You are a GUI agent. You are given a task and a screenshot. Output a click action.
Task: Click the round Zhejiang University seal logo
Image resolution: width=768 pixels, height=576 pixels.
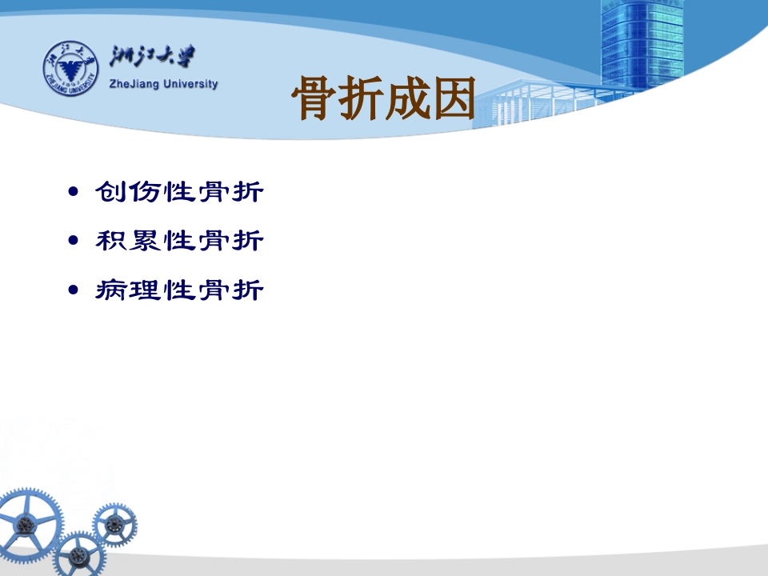tap(70, 68)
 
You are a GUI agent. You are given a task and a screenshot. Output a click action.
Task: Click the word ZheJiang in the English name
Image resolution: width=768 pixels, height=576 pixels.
tap(134, 84)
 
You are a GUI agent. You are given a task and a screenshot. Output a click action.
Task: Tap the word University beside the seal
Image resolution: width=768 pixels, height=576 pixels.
tap(190, 84)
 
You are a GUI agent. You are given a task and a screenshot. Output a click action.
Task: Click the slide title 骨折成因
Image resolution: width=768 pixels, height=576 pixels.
tap(383, 98)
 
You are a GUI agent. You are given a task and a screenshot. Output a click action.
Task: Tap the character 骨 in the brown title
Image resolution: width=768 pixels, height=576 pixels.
tap(313, 98)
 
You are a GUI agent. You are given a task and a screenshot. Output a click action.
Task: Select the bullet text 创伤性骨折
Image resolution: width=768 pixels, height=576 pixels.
tap(179, 191)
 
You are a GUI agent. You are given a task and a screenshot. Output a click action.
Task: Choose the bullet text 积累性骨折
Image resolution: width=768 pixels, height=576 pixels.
tap(179, 241)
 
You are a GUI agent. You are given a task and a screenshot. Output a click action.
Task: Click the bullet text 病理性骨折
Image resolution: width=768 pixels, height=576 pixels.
tap(179, 290)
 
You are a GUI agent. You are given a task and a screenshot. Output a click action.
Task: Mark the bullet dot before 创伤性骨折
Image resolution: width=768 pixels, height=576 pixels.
tap(74, 191)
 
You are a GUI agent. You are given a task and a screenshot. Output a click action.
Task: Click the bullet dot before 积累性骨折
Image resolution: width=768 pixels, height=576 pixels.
tap(74, 240)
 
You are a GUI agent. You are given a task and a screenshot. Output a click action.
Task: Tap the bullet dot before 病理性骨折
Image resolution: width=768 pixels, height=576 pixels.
tap(74, 290)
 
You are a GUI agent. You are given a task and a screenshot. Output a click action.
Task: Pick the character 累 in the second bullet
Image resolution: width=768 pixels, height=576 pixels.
tap(146, 241)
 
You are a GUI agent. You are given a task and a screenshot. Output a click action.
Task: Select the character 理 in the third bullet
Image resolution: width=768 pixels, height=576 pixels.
tap(146, 290)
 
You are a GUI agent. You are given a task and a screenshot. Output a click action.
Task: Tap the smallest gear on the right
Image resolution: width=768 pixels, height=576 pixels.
tap(114, 525)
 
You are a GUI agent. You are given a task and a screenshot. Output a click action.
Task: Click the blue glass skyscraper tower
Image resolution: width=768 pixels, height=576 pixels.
tap(642, 46)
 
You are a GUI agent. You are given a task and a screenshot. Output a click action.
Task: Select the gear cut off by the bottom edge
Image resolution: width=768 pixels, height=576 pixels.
tap(79, 554)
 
